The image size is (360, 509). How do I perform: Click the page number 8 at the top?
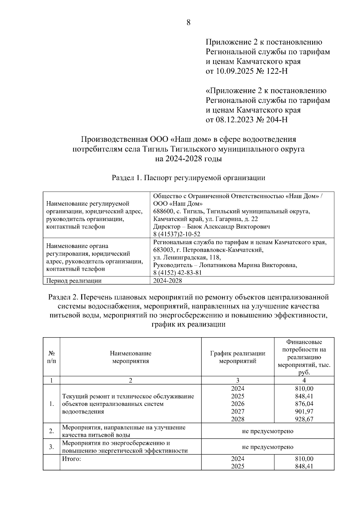click(x=188, y=22)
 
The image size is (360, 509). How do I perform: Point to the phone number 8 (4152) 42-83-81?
click(x=177, y=272)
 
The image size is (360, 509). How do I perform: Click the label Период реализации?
click(x=74, y=281)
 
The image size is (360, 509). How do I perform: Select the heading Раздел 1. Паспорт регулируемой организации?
click(x=188, y=178)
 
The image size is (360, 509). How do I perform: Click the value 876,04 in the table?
click(x=304, y=404)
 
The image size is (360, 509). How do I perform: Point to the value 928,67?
click(x=304, y=419)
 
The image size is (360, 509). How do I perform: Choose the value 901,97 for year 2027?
click(x=304, y=411)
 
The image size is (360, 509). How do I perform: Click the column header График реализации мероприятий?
click(x=238, y=357)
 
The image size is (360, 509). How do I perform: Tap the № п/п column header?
click(x=51, y=357)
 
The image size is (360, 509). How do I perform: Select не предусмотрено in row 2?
click(x=268, y=431)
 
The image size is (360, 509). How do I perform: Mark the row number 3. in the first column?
click(x=51, y=447)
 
